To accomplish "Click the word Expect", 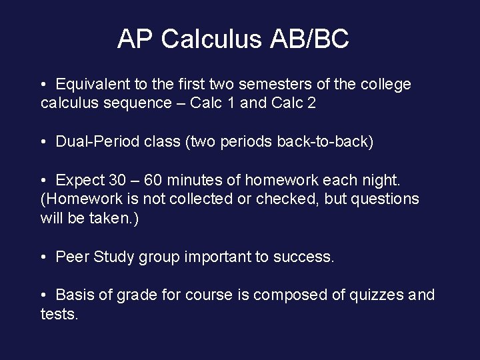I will click(x=79, y=180).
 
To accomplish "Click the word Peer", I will click(x=72, y=256).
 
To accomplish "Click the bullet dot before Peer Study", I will click(x=43, y=256).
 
